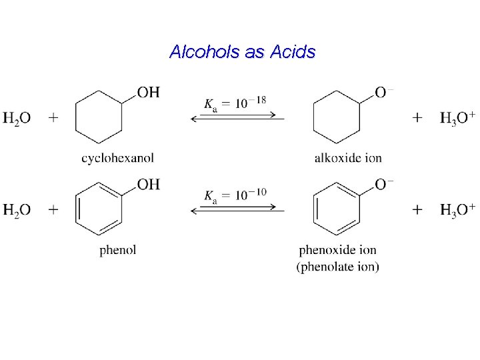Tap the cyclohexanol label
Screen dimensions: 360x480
coord(117,158)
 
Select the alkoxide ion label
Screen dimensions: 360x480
coord(348,158)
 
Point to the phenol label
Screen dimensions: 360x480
coord(118,250)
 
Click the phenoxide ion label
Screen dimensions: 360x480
coord(337,250)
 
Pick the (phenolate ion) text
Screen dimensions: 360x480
coord(337,267)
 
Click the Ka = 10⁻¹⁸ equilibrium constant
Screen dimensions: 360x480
coord(235,103)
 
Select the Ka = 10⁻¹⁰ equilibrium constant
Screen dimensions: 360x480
coord(235,195)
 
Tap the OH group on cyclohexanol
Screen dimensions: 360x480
coord(149,93)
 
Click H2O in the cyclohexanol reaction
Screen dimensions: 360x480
coord(17,119)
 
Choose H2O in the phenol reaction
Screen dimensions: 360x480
coord(17,211)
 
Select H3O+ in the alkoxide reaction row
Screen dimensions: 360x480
coord(457,118)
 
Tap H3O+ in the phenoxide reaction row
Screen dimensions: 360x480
coord(457,210)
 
